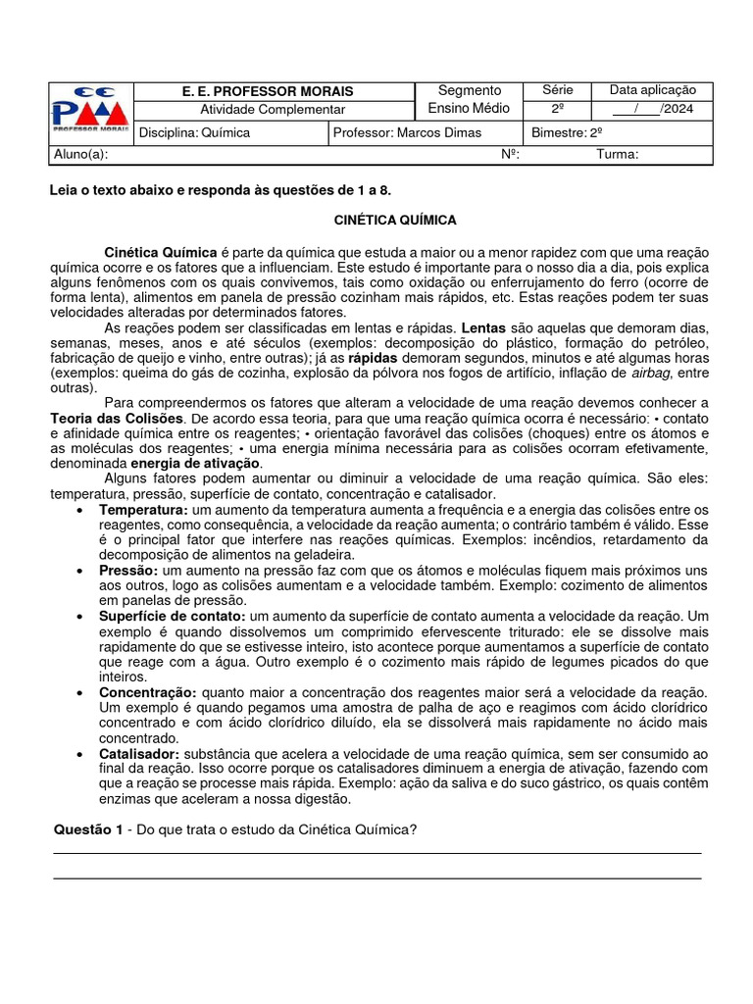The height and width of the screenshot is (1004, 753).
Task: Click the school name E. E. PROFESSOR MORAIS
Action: [x=268, y=91]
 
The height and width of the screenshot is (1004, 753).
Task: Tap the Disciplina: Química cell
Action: [x=196, y=132]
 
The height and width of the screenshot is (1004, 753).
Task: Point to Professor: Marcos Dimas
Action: [x=407, y=132]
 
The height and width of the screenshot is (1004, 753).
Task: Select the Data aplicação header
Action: [x=652, y=90]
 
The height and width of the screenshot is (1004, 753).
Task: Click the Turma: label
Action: [x=618, y=154]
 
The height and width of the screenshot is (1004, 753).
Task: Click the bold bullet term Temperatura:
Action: [x=143, y=510]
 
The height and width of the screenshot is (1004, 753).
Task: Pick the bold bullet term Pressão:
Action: [x=128, y=570]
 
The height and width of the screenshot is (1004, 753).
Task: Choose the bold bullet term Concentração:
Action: [x=148, y=692]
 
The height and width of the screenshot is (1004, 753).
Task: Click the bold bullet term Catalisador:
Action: [x=139, y=753]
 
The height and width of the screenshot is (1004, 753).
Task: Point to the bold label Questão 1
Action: [x=88, y=830]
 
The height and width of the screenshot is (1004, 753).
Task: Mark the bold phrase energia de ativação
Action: [x=196, y=463]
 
